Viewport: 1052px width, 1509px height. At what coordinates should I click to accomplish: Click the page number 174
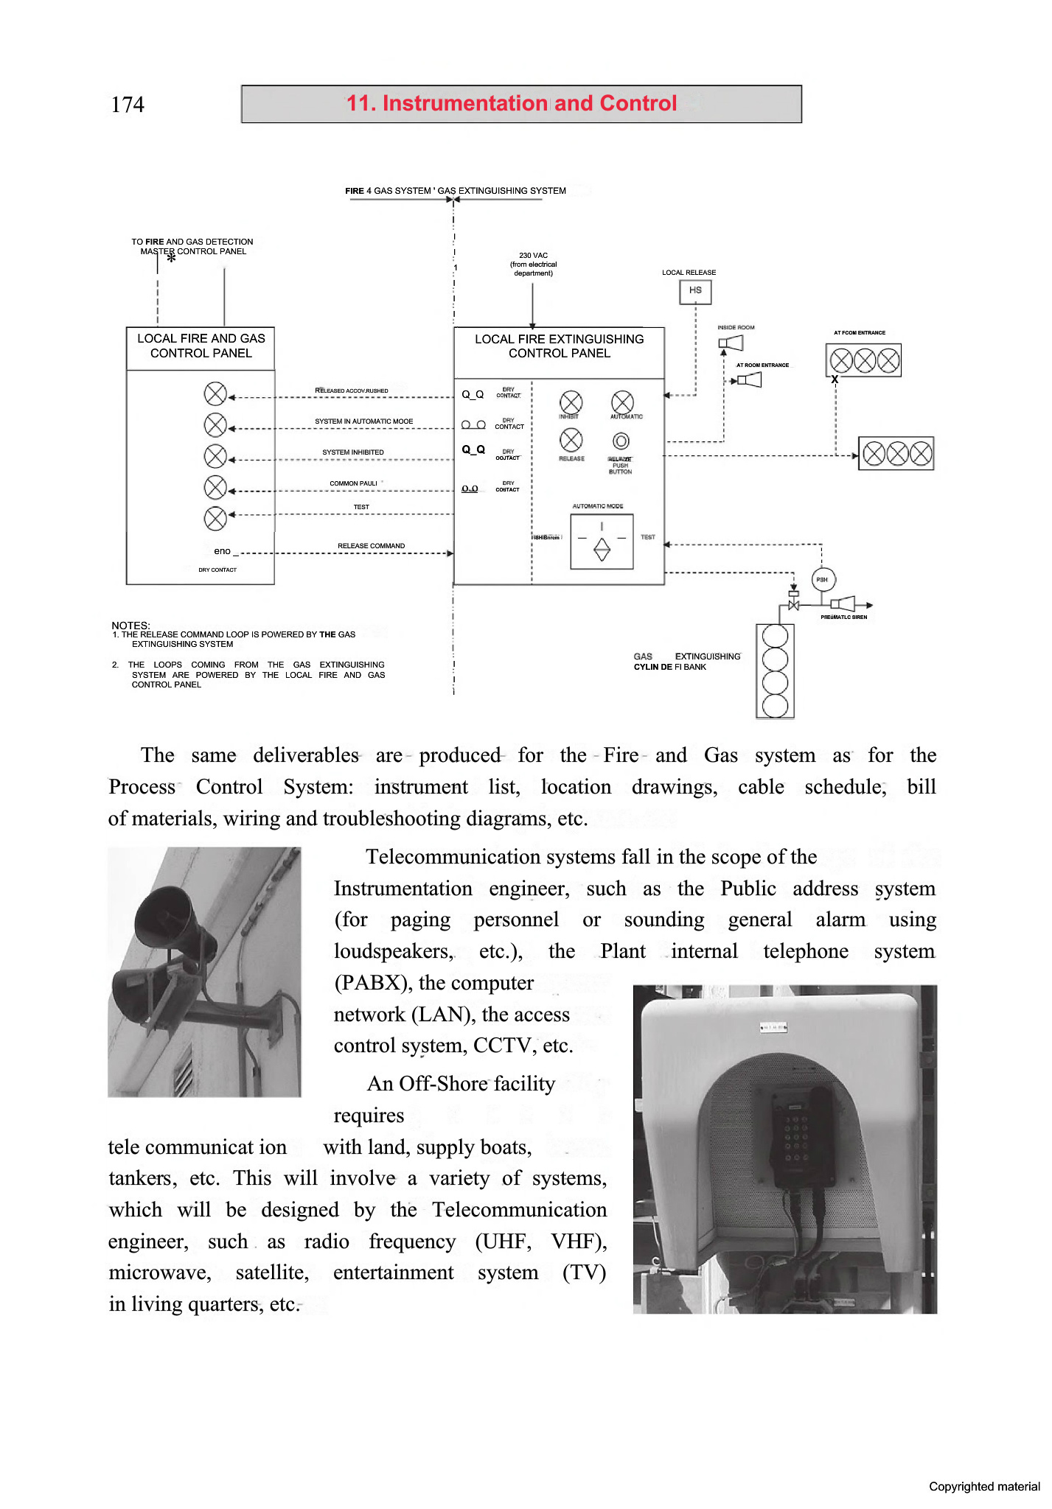(128, 105)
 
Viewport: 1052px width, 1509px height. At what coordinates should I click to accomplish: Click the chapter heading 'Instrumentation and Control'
(512, 103)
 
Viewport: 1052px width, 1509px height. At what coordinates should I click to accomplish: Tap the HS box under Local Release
(694, 292)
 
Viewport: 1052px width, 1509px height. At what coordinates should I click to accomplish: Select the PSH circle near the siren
(823, 579)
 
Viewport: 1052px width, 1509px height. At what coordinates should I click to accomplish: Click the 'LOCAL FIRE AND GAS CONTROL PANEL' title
(201, 346)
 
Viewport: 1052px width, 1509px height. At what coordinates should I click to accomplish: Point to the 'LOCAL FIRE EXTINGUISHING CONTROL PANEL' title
(559, 346)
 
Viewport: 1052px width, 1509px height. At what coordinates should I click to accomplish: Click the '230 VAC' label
(533, 256)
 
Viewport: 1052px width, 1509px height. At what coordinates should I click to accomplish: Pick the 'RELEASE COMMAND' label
(371, 546)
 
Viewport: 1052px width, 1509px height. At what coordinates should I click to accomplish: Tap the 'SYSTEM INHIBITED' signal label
(352, 452)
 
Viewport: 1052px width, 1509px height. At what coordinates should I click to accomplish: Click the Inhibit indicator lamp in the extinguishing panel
(571, 402)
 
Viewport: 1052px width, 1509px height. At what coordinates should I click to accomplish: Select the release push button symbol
(621, 441)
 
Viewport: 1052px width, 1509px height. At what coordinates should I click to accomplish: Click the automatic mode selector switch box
(602, 542)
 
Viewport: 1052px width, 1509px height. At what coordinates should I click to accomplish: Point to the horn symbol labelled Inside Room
(731, 343)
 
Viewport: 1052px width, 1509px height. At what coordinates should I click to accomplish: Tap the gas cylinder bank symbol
(775, 671)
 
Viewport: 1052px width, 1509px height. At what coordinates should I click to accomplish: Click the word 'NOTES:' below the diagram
(130, 625)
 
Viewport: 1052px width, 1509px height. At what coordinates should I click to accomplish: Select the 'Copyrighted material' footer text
(983, 1486)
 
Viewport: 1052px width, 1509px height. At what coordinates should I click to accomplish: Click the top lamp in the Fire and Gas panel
(215, 393)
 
